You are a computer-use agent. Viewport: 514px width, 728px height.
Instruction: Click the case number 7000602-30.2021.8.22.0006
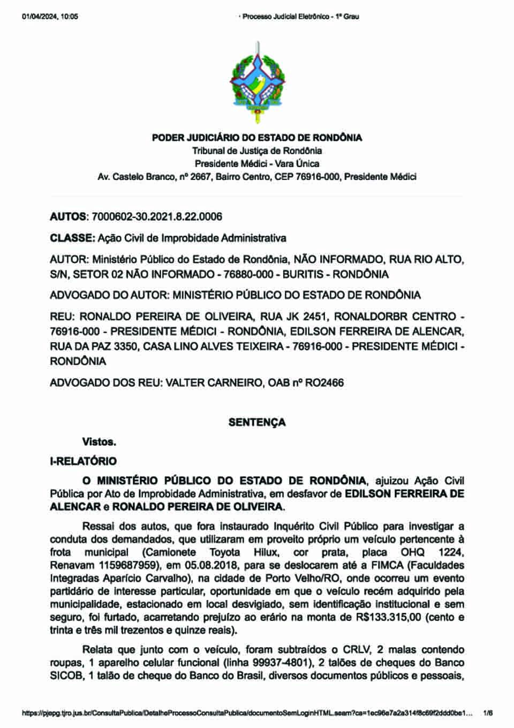click(x=157, y=217)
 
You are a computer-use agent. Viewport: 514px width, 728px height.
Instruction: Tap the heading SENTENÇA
click(x=257, y=422)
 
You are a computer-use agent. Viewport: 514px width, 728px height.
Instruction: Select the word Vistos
click(x=99, y=442)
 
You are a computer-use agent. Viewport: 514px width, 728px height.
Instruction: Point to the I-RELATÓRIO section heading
click(x=83, y=461)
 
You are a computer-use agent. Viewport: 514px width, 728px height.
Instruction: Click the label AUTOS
click(x=68, y=217)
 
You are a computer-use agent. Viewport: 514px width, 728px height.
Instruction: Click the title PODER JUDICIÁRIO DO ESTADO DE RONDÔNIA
click(x=257, y=138)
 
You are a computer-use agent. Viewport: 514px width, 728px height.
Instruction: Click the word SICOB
click(x=66, y=676)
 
